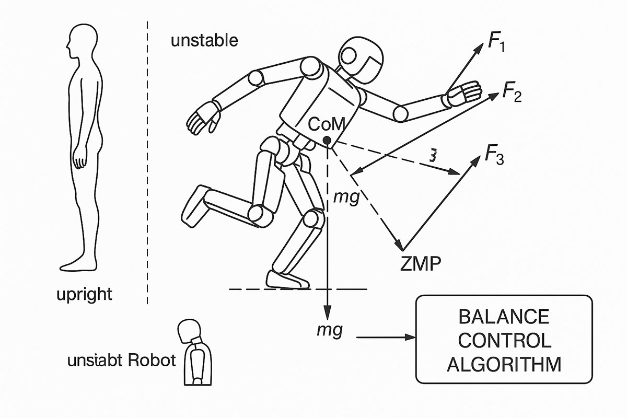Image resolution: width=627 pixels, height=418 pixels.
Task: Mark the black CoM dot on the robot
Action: (x=327, y=140)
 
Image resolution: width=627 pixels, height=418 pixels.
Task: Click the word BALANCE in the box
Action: (x=504, y=317)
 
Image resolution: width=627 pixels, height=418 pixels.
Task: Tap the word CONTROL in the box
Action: (x=504, y=341)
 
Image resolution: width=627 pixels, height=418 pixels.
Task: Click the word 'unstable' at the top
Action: (x=204, y=41)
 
